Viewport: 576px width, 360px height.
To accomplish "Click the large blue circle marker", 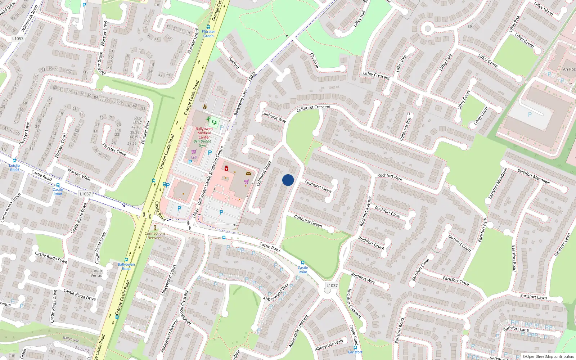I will click(x=288, y=180).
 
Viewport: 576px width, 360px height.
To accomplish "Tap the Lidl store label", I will click(x=194, y=157).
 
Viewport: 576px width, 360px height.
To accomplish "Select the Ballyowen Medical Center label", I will click(x=204, y=133).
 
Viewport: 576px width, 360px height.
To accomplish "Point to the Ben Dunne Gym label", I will click(x=202, y=143).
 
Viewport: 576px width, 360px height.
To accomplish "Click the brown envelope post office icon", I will click(x=248, y=174).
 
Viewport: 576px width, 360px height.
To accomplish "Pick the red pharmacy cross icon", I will click(x=226, y=168).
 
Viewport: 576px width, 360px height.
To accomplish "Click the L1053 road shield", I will click(x=18, y=39).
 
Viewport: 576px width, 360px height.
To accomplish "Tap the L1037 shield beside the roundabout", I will click(x=332, y=285).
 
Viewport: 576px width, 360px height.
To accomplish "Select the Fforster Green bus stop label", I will click(x=208, y=34).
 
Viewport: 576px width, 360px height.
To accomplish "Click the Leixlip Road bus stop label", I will click(x=14, y=167).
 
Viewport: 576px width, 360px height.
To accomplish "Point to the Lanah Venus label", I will click(x=96, y=273).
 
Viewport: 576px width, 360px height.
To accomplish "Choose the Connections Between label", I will click(x=155, y=235).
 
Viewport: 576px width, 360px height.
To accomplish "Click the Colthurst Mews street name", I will click(x=318, y=186).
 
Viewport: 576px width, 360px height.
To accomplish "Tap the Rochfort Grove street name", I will click(x=371, y=243).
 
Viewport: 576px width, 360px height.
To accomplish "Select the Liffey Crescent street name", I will click(x=376, y=75).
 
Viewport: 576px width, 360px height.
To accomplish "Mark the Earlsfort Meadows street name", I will click(x=534, y=176).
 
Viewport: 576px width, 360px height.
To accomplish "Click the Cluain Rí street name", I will click(x=314, y=60).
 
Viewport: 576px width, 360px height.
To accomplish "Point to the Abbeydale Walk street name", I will click(x=329, y=345).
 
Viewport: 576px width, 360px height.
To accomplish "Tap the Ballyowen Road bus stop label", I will click(x=126, y=266).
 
